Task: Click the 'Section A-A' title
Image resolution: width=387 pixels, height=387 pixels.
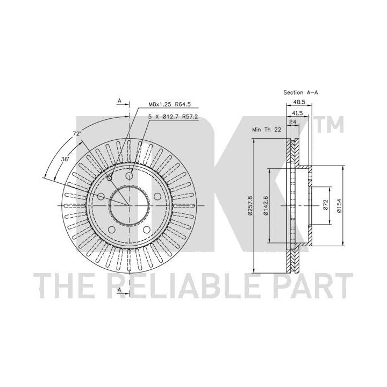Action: [x=300, y=92]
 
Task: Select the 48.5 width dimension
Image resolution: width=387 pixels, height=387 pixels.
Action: [x=298, y=102]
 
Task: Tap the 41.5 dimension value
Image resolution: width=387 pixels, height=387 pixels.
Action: [x=297, y=113]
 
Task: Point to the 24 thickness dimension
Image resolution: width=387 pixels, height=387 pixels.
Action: [x=292, y=121]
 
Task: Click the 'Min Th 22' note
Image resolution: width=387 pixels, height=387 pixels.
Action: [x=266, y=130]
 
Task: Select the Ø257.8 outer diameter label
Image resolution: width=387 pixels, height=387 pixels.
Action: [x=250, y=205]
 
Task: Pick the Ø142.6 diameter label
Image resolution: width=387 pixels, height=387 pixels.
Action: [x=266, y=205]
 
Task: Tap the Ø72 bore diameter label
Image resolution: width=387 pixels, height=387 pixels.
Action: [x=326, y=205]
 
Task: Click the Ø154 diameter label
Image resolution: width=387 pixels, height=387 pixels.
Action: [x=339, y=205]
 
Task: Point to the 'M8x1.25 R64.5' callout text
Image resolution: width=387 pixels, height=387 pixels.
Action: [x=169, y=104]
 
